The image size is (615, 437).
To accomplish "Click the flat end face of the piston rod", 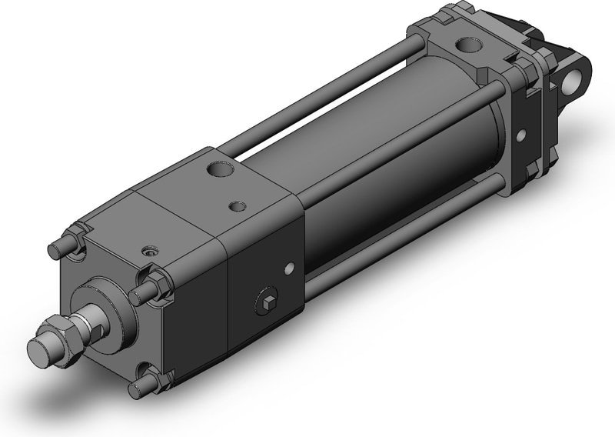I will click(x=39, y=355).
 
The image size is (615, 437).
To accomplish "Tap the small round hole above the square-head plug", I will click(x=289, y=268).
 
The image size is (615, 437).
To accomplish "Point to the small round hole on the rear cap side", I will click(x=521, y=136).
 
